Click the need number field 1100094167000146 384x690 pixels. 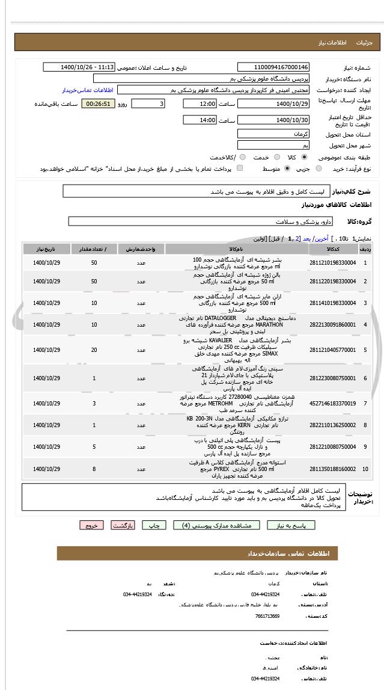point(273,67)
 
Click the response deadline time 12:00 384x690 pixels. point(200,104)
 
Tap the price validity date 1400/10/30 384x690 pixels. point(273,120)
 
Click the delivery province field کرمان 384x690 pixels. point(273,134)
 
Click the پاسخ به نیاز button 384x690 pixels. point(291,525)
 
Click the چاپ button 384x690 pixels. point(154,525)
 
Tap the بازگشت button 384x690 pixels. point(123,525)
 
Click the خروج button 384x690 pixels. point(91,525)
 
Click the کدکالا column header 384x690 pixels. point(332,248)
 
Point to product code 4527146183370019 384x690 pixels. point(332,404)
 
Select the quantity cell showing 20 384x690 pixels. point(94,350)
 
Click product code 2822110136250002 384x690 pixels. point(332,425)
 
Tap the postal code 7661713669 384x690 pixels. point(267,616)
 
